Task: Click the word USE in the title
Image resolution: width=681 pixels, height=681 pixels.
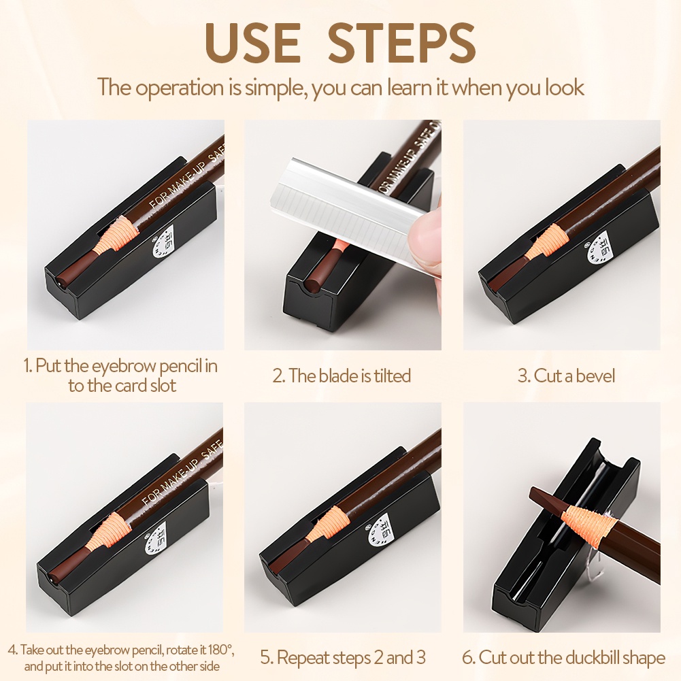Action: coord(253,43)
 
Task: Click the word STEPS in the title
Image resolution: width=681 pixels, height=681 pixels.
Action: coord(402,43)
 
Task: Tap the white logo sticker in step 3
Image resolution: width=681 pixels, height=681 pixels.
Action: coord(597,248)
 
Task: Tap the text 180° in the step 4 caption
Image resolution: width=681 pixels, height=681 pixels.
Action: coord(221,650)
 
